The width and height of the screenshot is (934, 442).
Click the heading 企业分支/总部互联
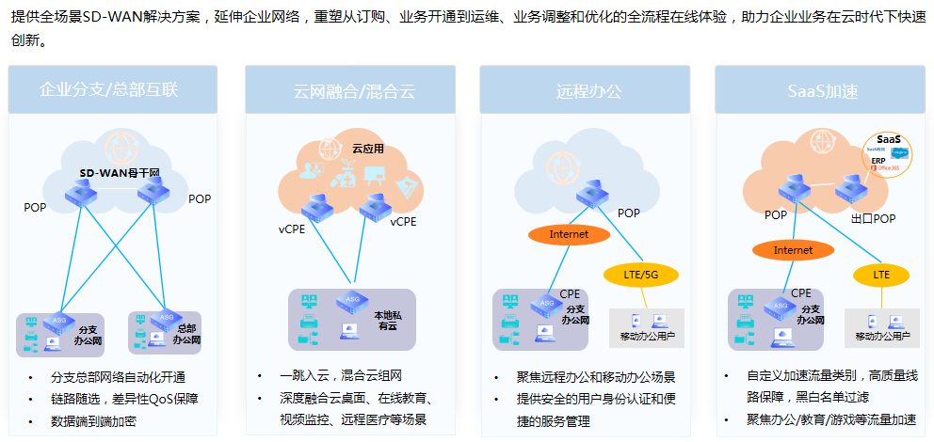109,90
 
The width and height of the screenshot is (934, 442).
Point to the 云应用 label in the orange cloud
368,149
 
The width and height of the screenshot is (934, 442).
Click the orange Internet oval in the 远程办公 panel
569,233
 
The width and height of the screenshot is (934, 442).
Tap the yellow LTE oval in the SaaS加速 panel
881,275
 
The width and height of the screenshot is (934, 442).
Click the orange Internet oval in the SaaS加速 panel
793,250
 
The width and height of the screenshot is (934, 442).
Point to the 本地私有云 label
388,321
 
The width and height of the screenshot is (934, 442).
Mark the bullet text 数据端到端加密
94,421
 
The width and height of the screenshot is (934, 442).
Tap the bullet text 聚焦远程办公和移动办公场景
596,377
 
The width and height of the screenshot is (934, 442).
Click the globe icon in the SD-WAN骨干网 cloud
119,146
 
